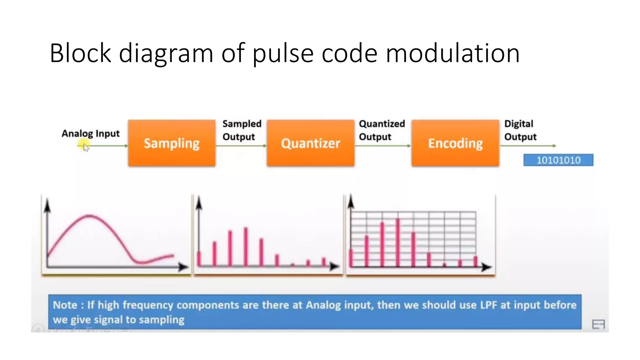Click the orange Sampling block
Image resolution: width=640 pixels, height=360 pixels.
pos(172,143)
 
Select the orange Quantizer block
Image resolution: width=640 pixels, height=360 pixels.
pos(310,143)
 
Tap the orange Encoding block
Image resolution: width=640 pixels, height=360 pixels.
pos(455,143)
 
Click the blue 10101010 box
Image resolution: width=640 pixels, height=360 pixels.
pos(558,160)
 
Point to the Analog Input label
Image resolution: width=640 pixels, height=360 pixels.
pos(91,133)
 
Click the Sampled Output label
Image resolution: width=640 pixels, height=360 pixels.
pos(242,130)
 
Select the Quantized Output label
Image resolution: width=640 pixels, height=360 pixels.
pos(382,130)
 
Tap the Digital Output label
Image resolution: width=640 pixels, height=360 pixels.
pos(520,130)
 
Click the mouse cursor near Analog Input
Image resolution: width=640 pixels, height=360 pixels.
pos(86,147)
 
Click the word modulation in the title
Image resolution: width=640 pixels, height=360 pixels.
pos(452,53)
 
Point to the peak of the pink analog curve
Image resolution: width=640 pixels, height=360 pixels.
pos(90,215)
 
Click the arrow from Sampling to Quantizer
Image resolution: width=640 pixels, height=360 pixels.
pos(241,146)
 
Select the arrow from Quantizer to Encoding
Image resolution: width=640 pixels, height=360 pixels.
pos(383,146)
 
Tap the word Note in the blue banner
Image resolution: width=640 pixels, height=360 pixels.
pos(65,305)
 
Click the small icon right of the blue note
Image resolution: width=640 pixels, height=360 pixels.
pos(598,324)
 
